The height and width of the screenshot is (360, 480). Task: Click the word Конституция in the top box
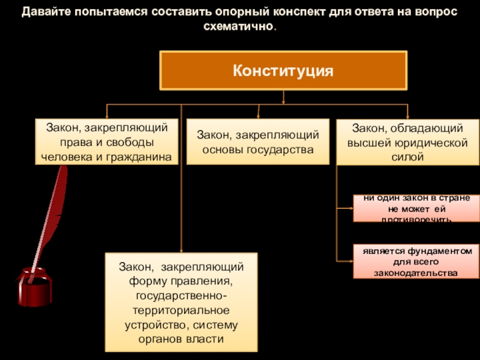click(x=283, y=70)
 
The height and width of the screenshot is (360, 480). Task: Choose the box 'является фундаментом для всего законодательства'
click(x=416, y=262)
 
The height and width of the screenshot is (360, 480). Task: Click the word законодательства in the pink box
click(x=416, y=273)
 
